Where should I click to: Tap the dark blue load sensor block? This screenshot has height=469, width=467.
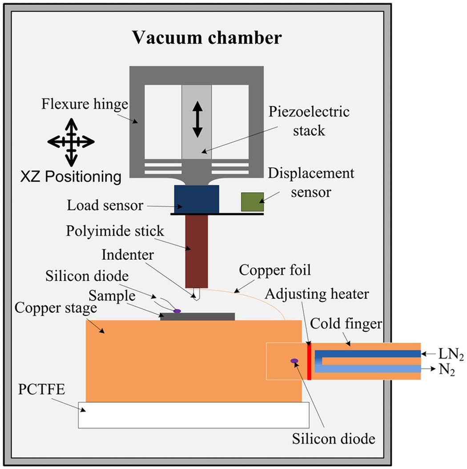click(196, 199)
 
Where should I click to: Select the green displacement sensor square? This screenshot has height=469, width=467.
click(252, 202)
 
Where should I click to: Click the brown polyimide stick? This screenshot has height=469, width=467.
click(196, 251)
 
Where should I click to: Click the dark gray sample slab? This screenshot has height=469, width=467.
click(197, 316)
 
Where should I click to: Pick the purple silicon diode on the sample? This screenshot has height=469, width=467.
click(177, 311)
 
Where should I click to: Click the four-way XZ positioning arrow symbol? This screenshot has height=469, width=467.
click(71, 142)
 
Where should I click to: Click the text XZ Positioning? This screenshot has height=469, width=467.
click(71, 177)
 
